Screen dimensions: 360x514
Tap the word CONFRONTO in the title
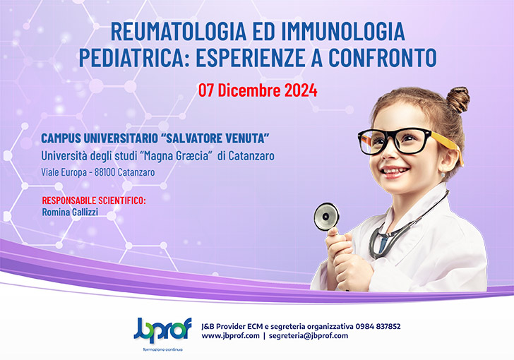coord(382,56)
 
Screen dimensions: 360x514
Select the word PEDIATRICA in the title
coord(145,56)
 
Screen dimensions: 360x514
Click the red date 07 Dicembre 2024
coord(257,90)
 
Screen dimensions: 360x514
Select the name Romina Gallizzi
coord(70,211)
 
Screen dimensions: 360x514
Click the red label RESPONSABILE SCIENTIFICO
coord(94,200)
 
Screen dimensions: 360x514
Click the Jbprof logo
coord(156,329)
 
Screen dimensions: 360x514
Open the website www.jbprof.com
coord(229,336)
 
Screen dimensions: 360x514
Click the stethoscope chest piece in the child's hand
coord(326,216)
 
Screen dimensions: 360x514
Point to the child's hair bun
coord(458,99)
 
